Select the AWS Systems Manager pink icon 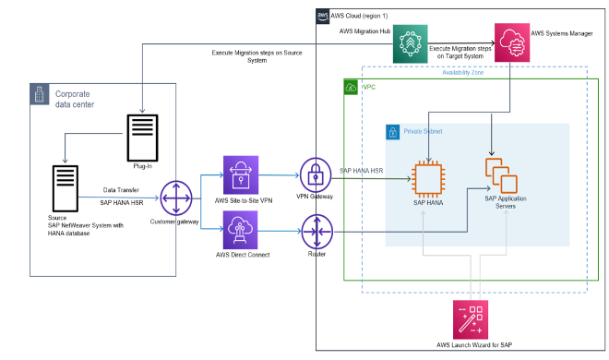(512, 42)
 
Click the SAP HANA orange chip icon (427, 177)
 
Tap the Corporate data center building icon (40, 94)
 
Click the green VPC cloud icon (350, 87)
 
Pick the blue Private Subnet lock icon (392, 133)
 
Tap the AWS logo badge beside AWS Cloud (323, 15)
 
